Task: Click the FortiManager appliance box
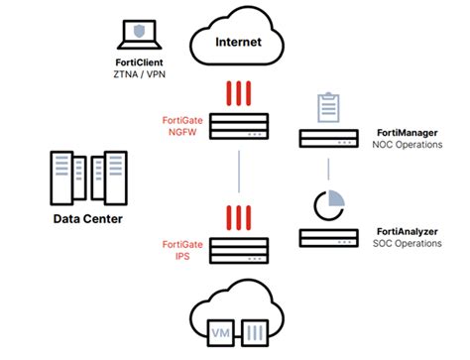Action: pos(329,138)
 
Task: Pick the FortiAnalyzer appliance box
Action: pos(329,238)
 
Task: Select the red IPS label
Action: pos(182,255)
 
